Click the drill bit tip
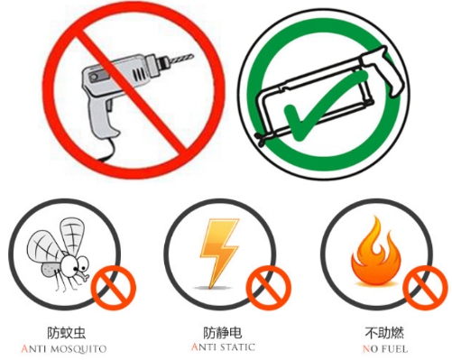tap(193, 55)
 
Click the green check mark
tap(325, 106)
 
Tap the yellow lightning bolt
tap(219, 254)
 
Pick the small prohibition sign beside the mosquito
tap(114, 288)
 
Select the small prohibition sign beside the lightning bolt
tap(269, 288)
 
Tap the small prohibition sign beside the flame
tap(425, 288)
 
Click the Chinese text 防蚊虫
tap(67, 332)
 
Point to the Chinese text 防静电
tap(223, 332)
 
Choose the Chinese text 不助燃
tap(384, 332)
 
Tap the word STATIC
tap(238, 347)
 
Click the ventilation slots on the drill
tap(138, 73)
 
